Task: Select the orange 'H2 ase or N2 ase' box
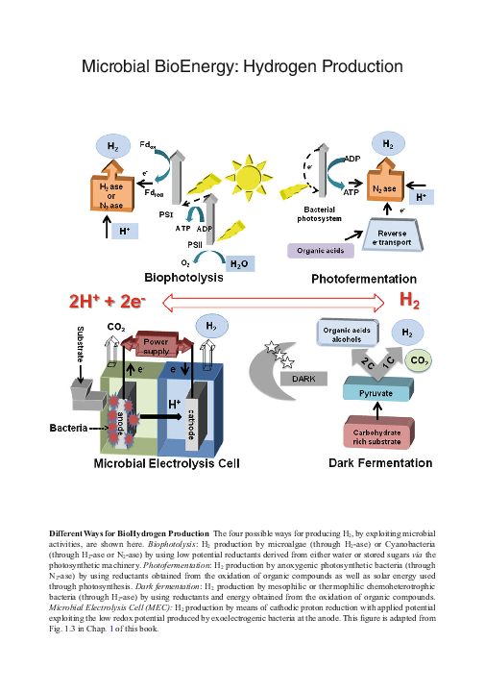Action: pos(111,193)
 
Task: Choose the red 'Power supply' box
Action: pos(156,345)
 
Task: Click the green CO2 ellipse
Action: pos(419,360)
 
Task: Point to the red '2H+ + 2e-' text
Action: pos(107,301)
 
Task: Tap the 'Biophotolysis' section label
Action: pos(183,277)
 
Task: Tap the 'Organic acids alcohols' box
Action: pos(348,334)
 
